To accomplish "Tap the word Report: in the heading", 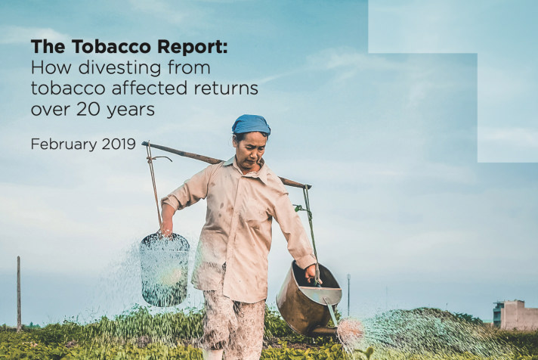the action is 193,48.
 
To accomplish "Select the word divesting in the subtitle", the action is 119,68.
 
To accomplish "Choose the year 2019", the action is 119,144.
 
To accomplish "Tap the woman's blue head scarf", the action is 251,125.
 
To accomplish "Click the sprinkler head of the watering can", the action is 351,331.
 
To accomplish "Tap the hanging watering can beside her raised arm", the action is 165,269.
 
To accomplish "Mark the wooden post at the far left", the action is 19,293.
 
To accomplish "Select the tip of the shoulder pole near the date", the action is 143,143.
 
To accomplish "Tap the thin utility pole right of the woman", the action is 348,295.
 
